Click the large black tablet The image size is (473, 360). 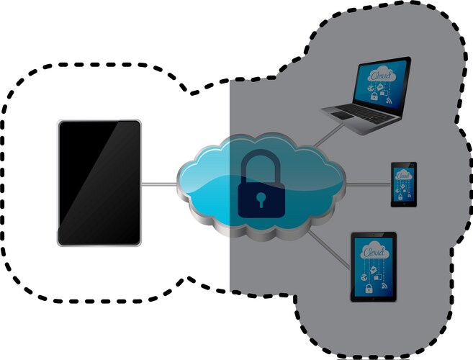point(99,183)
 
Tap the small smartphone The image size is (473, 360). point(404,184)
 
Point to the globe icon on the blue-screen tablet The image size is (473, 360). point(364,276)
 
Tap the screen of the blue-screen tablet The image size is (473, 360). point(373,266)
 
